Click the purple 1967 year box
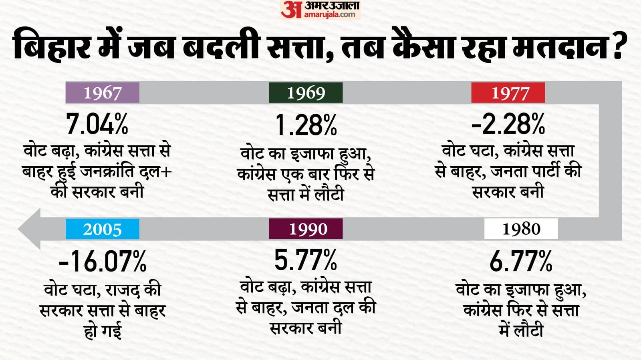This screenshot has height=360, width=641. (102, 93)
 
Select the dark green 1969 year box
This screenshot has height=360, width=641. (306, 93)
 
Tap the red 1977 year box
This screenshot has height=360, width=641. (508, 93)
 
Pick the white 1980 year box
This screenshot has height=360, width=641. (521, 229)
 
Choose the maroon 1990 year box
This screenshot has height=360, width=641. (306, 229)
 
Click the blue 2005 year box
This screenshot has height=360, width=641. (102, 229)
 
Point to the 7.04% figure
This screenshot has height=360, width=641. (97, 124)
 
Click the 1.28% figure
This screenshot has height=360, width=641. (306, 125)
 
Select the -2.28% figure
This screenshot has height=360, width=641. (508, 124)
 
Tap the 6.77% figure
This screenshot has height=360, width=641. (521, 261)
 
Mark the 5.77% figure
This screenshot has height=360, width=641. (306, 260)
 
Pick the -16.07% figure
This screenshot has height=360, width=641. (103, 261)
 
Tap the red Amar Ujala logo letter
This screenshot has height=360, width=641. (290, 10)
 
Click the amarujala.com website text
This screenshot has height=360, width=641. (329, 15)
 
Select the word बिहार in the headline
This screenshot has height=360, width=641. (52, 45)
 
